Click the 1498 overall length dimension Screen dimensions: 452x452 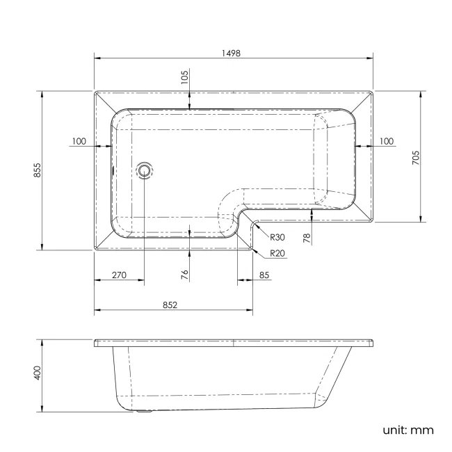click(232, 52)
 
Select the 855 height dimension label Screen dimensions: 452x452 click(37, 170)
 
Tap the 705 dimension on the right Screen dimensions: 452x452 click(415, 156)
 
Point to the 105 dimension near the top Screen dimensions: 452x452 click(184, 78)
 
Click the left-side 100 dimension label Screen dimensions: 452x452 click(79, 141)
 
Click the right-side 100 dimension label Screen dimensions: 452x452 click(387, 141)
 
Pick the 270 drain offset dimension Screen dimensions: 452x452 click(118, 275)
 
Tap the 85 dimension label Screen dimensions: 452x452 click(264, 275)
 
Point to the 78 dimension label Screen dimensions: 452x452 click(307, 237)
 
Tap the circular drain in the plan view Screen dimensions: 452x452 click(145, 170)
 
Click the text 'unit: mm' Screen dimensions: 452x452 click(407, 430)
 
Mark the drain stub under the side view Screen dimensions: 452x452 click(145, 411)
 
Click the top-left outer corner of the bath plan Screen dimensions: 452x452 click(95, 90)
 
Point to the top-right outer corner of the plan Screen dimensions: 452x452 click(374, 90)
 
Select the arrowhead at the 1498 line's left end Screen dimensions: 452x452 click(97, 58)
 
